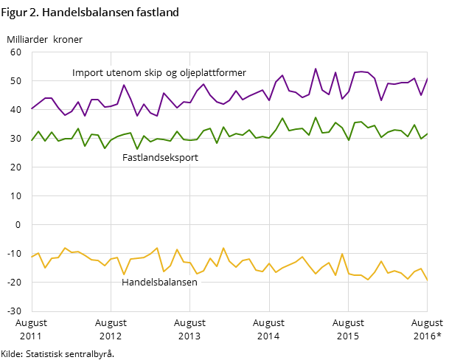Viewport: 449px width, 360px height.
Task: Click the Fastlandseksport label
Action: coord(160,157)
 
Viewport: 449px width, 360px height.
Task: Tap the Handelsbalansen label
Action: coord(159,282)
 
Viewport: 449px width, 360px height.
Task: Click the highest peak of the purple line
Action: coord(316,69)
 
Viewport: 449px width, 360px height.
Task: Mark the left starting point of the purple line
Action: coord(32,108)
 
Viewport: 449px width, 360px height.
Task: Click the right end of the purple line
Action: coord(427,77)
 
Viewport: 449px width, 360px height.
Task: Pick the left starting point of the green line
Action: coord(32,140)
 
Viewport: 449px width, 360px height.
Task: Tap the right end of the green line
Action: coord(427,134)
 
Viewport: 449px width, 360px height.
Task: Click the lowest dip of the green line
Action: coord(137,149)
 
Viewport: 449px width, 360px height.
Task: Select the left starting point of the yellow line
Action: coord(32,257)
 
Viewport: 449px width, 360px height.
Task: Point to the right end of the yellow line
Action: coord(427,280)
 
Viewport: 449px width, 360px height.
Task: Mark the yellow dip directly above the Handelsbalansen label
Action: coord(124,274)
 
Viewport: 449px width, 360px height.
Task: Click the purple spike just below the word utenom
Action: coord(124,85)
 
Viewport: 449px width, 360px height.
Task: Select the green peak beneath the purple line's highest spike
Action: coord(316,117)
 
